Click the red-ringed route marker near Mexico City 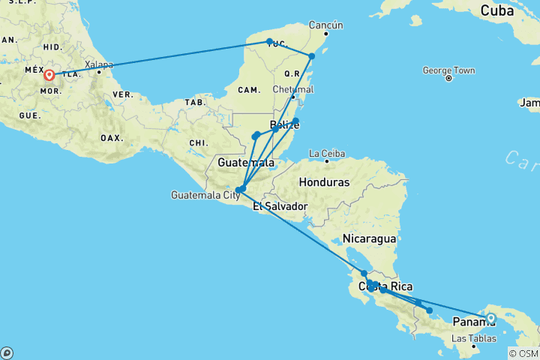[x=49, y=74]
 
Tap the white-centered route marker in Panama [x=491, y=318]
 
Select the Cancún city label [x=326, y=25]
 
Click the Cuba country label [x=497, y=11]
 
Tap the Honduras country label [x=324, y=182]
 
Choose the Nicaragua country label [x=368, y=238]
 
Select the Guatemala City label [x=205, y=195]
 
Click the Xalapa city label [x=100, y=64]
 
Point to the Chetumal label [x=294, y=88]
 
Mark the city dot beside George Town [x=448, y=78]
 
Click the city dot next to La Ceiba [x=327, y=160]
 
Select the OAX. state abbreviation [x=110, y=138]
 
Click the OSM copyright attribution [x=523, y=353]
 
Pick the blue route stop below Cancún [x=312, y=56]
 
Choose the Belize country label [x=284, y=125]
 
